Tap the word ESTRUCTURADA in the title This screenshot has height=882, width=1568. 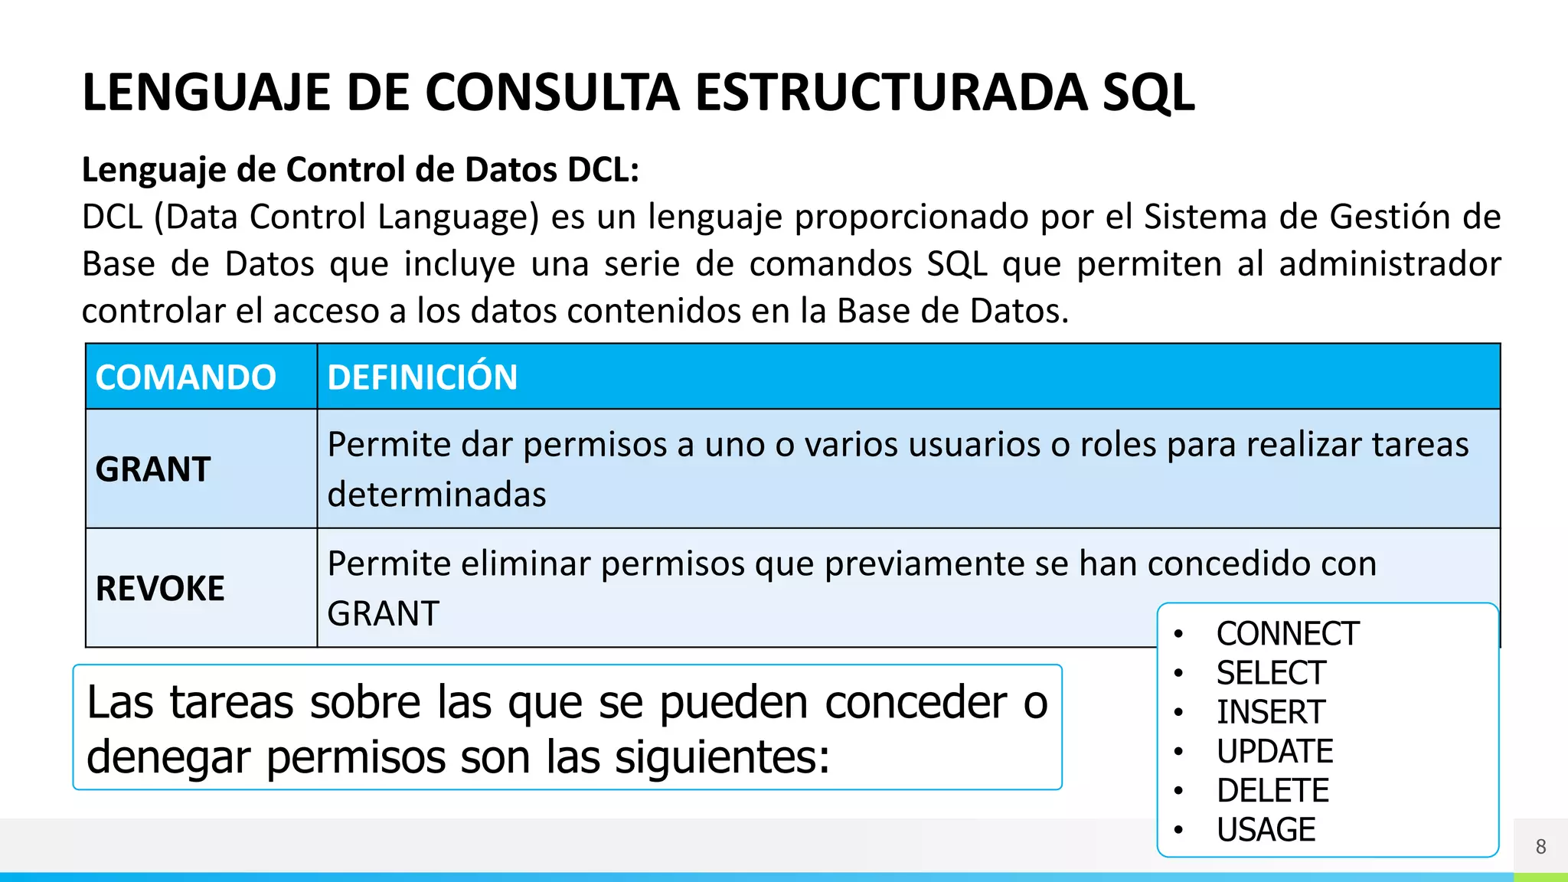[890, 93]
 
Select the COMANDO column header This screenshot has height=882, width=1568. [186, 377]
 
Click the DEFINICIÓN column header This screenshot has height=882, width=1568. [423, 377]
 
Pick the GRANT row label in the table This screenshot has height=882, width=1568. [153, 469]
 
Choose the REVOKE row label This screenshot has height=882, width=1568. [160, 589]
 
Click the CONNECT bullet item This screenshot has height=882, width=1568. [1288, 634]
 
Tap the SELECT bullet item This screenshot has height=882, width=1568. [1271, 673]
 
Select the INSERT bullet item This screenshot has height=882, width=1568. [1271, 712]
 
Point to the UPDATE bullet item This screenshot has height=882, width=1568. [1275, 751]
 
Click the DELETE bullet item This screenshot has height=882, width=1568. [1272, 790]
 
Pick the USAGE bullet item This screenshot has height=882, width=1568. [1266, 830]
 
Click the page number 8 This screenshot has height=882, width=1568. [1540, 847]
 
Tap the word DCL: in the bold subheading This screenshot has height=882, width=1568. [603, 169]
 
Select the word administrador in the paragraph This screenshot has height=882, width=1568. [1390, 264]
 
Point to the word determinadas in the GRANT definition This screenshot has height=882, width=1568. [436, 495]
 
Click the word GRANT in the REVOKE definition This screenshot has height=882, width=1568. [383, 613]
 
